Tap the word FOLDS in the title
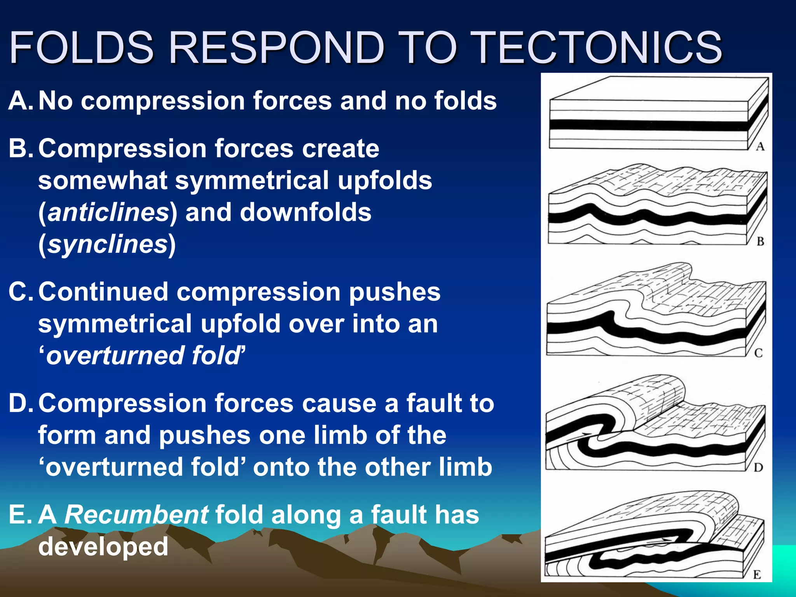(82, 47)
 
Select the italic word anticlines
(108, 213)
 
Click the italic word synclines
(107, 244)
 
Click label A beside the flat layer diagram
(760, 147)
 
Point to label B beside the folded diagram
(760, 242)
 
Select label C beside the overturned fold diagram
(758, 353)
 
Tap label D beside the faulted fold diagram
(758, 468)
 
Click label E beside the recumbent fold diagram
(757, 575)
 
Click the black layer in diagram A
(645, 126)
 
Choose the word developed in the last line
(103, 546)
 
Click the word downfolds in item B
(305, 213)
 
